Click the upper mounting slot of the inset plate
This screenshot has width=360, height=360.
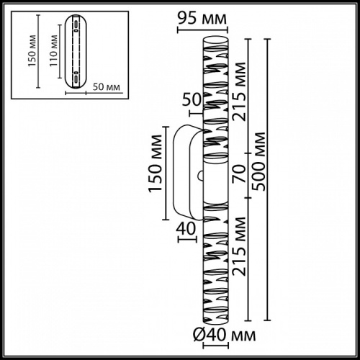(75, 27)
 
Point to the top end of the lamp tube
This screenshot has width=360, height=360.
(216, 36)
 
